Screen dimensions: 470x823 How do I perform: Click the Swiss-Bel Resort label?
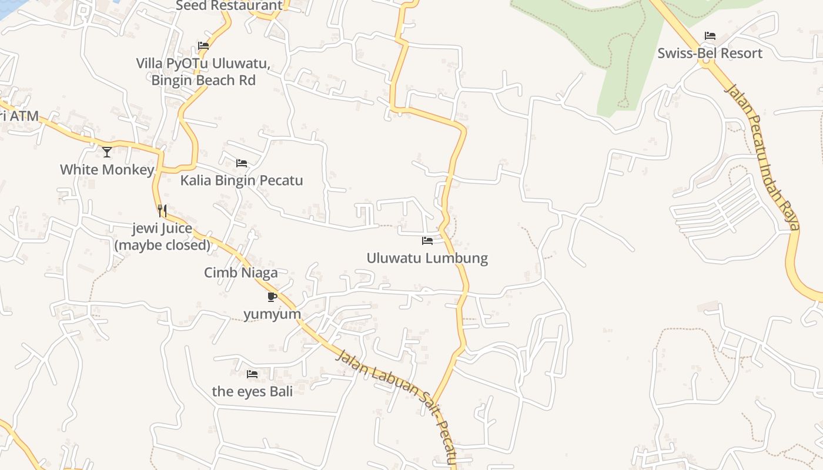click(x=710, y=53)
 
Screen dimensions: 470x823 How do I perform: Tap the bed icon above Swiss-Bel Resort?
click(x=710, y=36)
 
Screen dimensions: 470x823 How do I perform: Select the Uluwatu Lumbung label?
click(x=427, y=258)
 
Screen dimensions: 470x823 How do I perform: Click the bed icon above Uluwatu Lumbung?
click(x=427, y=241)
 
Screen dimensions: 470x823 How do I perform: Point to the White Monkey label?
click(x=107, y=170)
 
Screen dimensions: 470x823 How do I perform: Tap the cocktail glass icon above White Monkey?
click(x=107, y=152)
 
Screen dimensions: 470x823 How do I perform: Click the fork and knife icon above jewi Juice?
click(x=162, y=211)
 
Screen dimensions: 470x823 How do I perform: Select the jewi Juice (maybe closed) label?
click(x=162, y=237)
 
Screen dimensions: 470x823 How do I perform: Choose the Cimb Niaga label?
click(x=241, y=273)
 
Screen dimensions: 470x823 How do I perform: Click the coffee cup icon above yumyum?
click(x=272, y=297)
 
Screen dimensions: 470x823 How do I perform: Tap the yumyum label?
click(x=272, y=314)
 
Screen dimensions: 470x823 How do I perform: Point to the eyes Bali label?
click(x=252, y=391)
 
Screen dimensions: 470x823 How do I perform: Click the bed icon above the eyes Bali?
click(x=252, y=374)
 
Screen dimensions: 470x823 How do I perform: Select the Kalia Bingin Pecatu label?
click(x=242, y=180)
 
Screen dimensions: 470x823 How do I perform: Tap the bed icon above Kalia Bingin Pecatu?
click(x=242, y=163)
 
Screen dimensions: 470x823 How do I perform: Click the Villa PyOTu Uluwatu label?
click(x=203, y=71)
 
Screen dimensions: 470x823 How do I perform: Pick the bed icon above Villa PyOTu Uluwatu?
click(x=203, y=46)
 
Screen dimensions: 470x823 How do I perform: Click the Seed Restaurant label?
click(x=229, y=6)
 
